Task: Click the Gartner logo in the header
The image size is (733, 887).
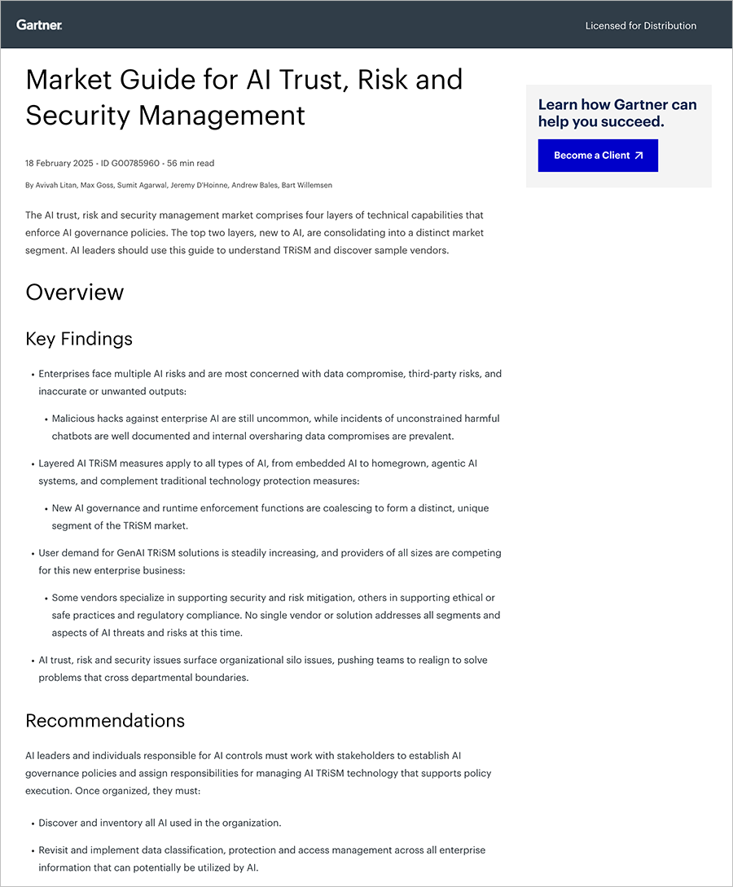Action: click(39, 25)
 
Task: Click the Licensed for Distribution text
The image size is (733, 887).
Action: click(640, 26)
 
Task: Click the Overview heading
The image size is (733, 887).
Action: click(75, 292)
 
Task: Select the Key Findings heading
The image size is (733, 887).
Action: click(79, 338)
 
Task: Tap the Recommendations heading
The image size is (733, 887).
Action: click(105, 721)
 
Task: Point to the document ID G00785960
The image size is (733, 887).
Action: click(131, 164)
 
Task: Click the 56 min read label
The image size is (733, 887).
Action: click(191, 164)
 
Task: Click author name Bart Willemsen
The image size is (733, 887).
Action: click(309, 186)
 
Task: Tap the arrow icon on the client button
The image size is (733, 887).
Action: click(639, 156)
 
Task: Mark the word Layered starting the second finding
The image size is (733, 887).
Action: click(57, 463)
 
